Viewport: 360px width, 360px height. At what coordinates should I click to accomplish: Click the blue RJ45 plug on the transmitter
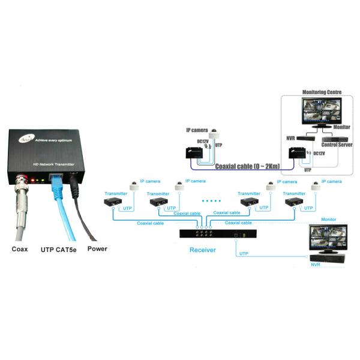[x=56, y=179]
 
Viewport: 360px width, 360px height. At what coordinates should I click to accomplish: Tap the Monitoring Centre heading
[x=321, y=92]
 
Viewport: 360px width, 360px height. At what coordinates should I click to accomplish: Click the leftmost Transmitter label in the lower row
[x=115, y=194]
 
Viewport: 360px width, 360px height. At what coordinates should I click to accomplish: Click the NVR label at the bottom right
[x=315, y=264]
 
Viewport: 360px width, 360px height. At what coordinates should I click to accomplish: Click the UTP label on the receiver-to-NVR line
[x=244, y=254]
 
